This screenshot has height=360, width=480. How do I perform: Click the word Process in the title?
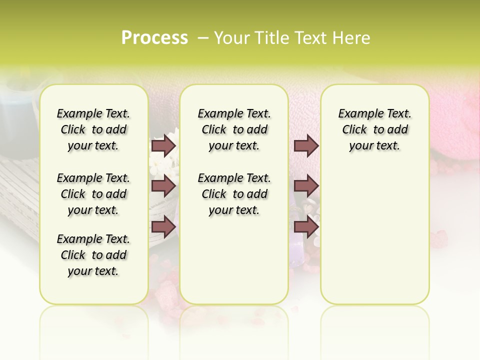tap(154, 38)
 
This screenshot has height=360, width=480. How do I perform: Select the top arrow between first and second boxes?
tap(163, 146)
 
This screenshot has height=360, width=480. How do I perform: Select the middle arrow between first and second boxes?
tap(163, 186)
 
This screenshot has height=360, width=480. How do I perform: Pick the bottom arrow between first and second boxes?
tap(163, 226)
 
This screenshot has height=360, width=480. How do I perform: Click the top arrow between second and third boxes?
tap(306, 146)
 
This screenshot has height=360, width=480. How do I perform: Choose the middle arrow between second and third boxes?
tap(306, 186)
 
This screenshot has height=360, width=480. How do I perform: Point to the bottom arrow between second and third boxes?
tap(306, 226)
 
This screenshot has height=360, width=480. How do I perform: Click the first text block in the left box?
tap(93, 129)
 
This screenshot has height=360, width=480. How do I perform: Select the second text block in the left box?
tap(93, 194)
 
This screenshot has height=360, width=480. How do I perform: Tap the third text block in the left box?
tap(93, 255)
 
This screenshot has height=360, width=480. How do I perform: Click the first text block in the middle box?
tap(234, 129)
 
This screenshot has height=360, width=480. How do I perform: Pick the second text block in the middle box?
tap(234, 194)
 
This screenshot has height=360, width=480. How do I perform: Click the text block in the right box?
tap(374, 129)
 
